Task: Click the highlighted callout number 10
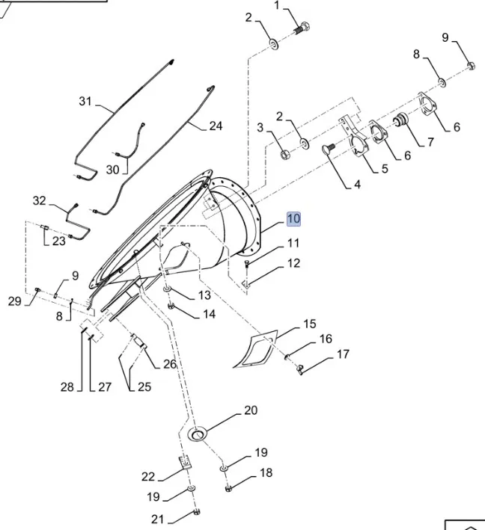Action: tap(293, 218)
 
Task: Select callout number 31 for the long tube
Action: tap(85, 102)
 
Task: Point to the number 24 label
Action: tap(216, 126)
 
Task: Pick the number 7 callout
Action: tap(430, 141)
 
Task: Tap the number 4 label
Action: tap(357, 183)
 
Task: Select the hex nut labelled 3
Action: tap(284, 155)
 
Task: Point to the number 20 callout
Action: tap(251, 410)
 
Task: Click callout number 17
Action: tap(343, 354)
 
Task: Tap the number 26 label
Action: tap(170, 365)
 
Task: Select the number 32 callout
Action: tap(40, 201)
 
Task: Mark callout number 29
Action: tap(14, 301)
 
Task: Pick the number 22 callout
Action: tap(148, 476)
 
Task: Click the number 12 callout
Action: tap(293, 263)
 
